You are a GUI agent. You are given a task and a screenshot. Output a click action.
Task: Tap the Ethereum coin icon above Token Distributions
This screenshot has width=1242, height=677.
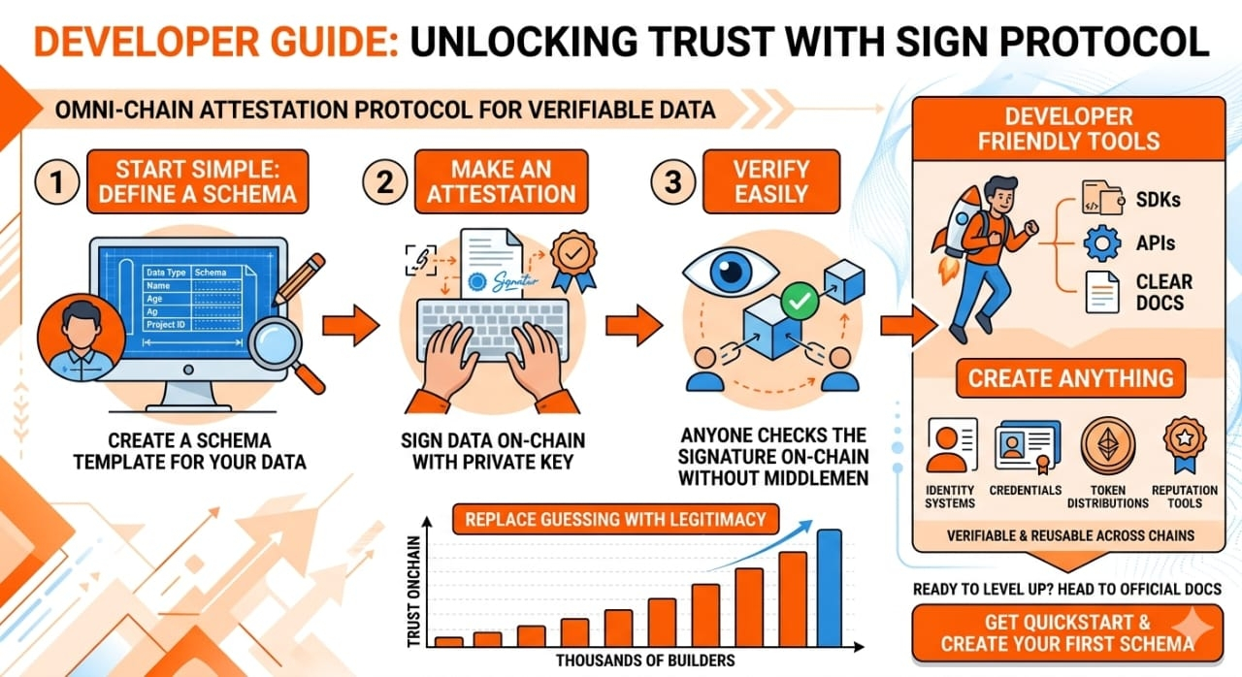click(1107, 446)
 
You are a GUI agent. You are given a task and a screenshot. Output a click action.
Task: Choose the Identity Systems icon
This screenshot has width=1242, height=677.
click(952, 446)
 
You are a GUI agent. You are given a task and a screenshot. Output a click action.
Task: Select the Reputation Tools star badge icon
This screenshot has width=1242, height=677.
click(1185, 445)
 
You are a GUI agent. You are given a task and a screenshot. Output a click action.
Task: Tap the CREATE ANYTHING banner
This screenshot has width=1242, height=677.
click(1070, 378)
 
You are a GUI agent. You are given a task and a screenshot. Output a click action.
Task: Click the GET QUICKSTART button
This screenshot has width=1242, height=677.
click(1066, 633)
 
